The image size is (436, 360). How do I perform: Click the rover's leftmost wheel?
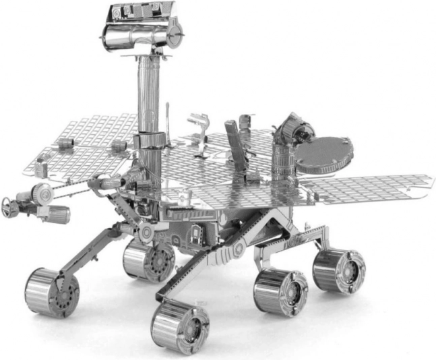tap(51, 291)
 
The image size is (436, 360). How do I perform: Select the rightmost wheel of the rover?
tap(338, 270)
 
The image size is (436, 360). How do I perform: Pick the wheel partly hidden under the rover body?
tap(148, 260)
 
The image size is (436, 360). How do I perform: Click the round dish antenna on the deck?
tap(324, 153)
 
